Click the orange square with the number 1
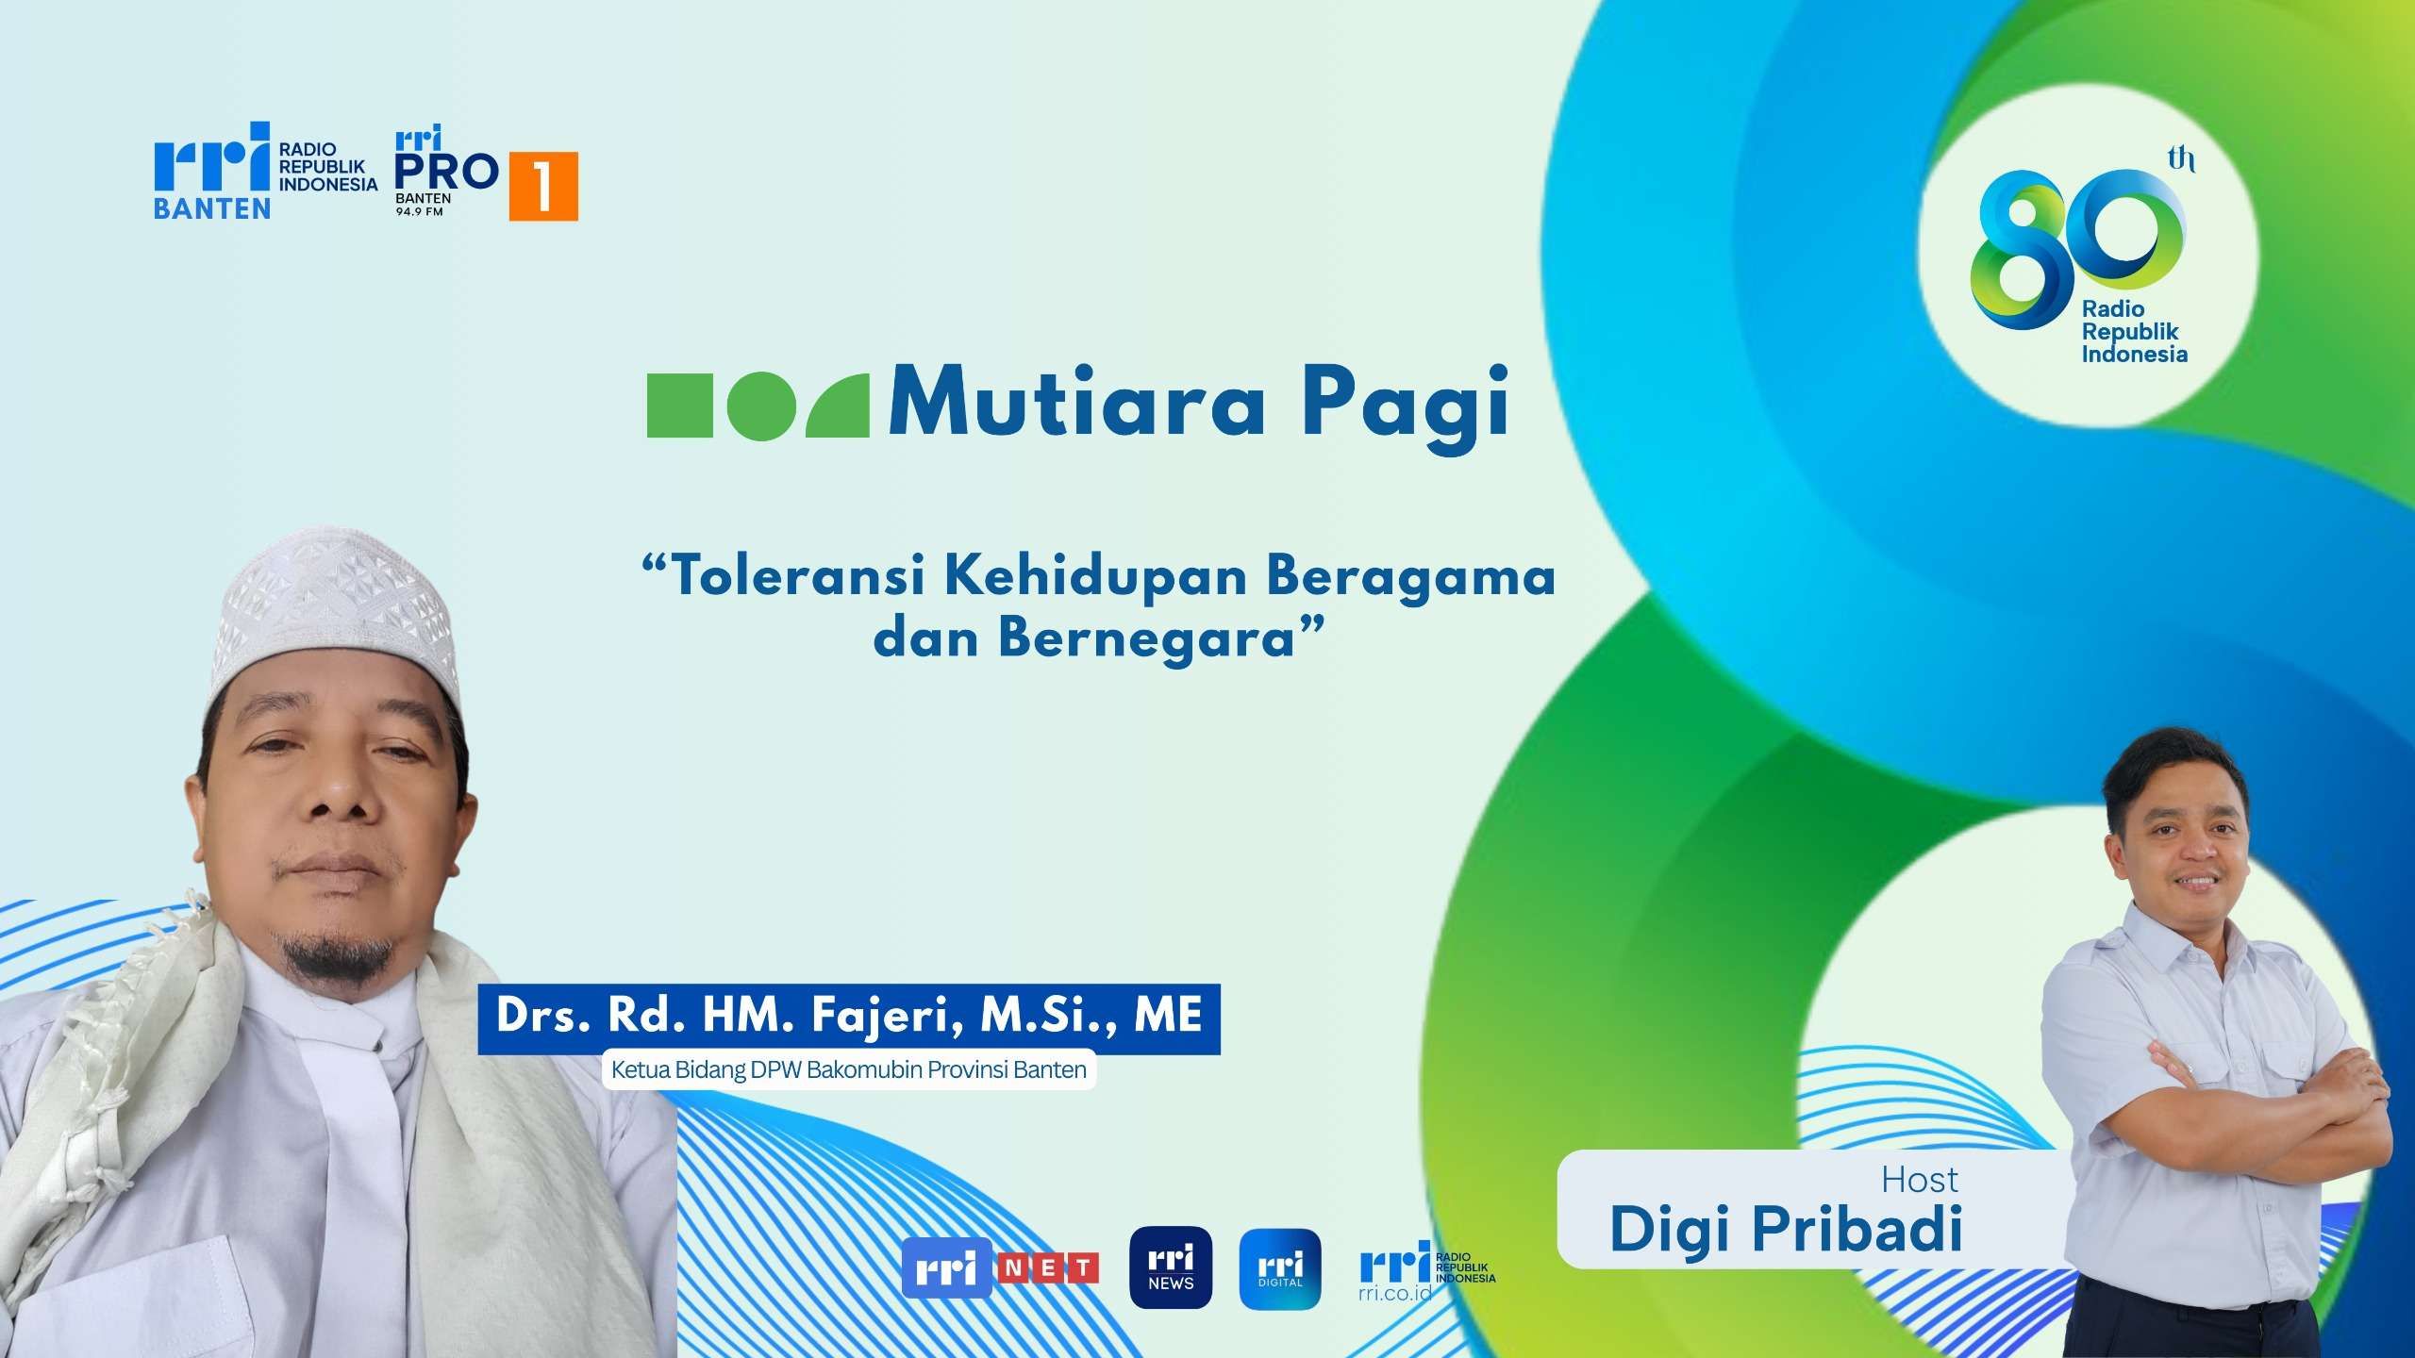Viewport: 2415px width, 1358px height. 543,187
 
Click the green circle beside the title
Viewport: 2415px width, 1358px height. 758,406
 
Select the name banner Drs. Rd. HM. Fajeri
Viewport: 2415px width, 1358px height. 849,1018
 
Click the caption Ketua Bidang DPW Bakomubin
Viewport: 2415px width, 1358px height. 849,1070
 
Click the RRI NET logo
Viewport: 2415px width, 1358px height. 1001,1268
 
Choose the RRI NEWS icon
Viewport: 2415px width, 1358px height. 1171,1267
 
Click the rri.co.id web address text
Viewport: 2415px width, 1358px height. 1394,1290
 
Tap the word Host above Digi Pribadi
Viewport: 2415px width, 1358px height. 1920,1180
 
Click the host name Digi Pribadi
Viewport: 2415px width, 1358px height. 1786,1229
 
